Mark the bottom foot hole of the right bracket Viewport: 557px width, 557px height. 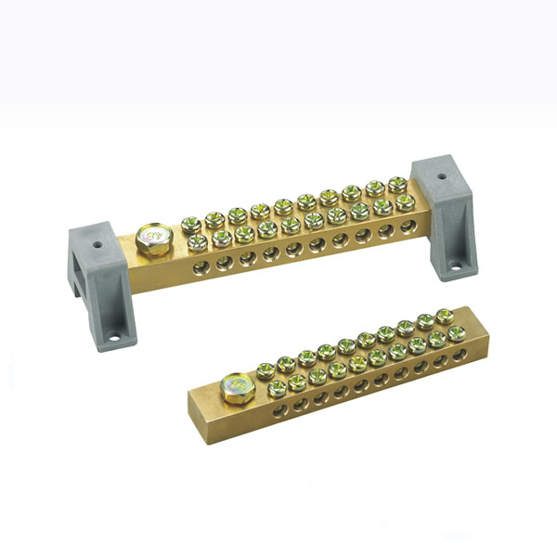[x=454, y=271]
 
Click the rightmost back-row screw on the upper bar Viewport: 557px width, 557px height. [x=397, y=185]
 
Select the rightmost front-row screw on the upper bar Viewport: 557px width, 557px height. [x=405, y=201]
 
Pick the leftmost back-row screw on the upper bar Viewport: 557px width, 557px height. [x=190, y=223]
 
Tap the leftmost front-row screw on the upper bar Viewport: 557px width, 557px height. [x=198, y=241]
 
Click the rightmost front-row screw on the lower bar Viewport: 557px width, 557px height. [x=455, y=332]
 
